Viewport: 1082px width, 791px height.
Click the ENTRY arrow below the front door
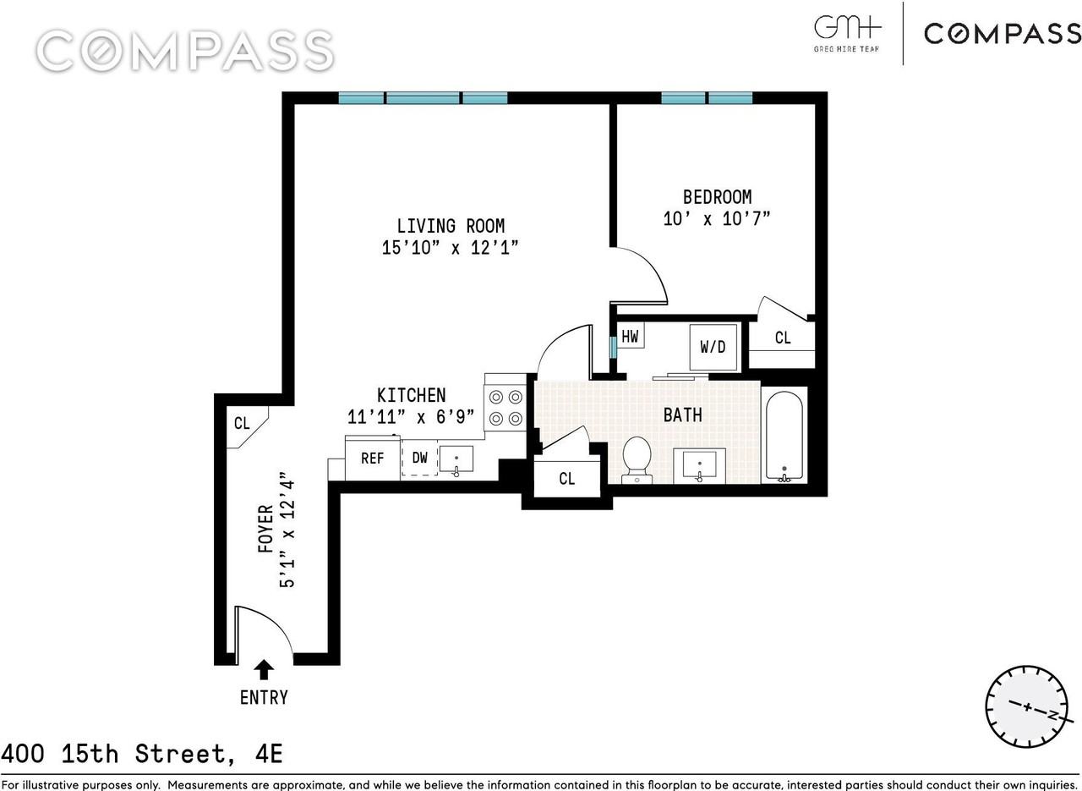pos(265,670)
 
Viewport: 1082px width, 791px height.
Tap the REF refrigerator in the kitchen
pos(372,458)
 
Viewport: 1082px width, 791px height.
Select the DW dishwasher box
pos(419,458)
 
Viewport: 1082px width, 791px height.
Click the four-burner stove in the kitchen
pos(505,407)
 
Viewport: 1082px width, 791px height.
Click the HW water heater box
pos(630,336)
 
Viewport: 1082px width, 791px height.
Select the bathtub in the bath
pos(784,436)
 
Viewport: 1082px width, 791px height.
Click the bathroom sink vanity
pos(699,465)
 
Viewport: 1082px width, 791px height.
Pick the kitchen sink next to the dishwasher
pos(456,459)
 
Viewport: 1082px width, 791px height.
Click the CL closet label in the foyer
pos(242,423)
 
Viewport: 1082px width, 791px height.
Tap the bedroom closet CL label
pos(783,338)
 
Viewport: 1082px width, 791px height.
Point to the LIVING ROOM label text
pos(451,226)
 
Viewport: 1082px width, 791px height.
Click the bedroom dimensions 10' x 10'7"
pos(717,218)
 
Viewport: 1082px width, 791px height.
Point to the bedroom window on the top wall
pos(707,98)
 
